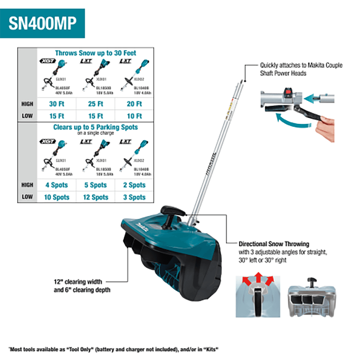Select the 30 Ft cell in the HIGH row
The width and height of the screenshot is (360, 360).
57,104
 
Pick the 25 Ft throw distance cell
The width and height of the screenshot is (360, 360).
95,104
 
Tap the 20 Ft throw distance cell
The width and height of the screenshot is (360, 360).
134,104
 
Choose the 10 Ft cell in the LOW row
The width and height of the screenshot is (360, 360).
134,116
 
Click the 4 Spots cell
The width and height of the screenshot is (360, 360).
57,185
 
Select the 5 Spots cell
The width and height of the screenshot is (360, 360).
95,185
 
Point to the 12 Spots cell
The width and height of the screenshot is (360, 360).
95,197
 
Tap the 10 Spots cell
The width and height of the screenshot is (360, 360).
57,197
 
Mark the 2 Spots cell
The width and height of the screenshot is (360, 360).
134,185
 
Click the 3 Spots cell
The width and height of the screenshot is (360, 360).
134,197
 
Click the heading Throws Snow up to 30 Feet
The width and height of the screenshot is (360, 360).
95,53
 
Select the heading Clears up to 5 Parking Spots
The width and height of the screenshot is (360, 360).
95,127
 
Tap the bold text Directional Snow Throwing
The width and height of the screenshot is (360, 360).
274,244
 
